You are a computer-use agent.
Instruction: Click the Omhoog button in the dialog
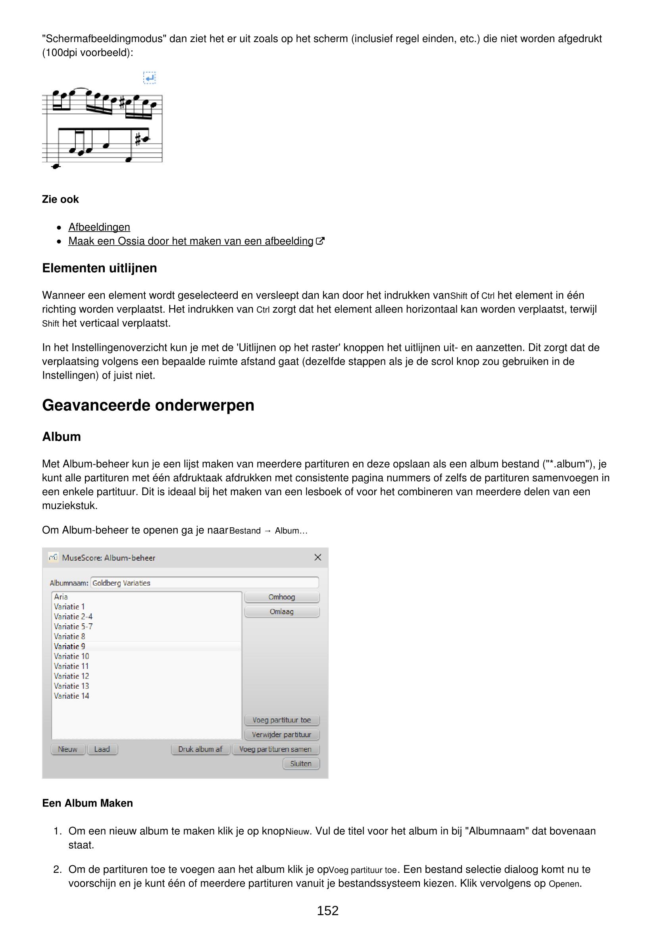tap(282, 597)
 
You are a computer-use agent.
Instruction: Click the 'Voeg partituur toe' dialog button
tap(282, 720)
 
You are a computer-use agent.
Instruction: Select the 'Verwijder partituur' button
tap(282, 734)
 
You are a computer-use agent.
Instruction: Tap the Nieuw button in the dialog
tap(67, 749)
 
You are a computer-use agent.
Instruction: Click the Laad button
tap(102, 749)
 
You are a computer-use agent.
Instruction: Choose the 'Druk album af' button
tap(200, 749)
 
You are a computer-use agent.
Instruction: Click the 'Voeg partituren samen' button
tap(275, 749)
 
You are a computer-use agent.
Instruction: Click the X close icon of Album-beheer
tap(318, 557)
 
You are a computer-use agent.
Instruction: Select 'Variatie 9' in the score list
tap(69, 646)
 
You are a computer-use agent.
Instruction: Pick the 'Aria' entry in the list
tap(61, 597)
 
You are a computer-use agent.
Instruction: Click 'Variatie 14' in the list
tap(71, 696)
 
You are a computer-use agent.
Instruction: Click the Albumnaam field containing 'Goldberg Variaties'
tap(204, 583)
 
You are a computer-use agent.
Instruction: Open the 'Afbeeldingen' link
tap(99, 227)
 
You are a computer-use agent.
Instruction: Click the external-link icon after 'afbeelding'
tap(320, 241)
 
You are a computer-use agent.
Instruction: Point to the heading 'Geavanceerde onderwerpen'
tap(148, 405)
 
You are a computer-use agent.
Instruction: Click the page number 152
tap(327, 911)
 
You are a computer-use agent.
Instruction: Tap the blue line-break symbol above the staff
tap(150, 77)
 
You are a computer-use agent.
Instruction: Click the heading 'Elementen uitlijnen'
tap(100, 268)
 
